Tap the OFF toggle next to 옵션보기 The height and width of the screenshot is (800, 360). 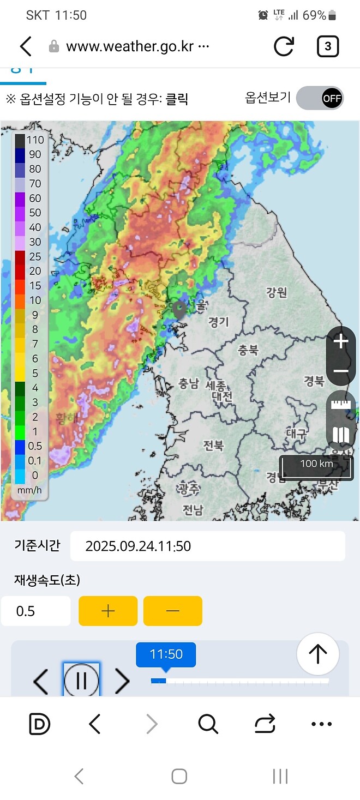coord(320,98)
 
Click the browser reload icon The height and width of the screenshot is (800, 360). coord(284,46)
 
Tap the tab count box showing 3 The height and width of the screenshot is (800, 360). coord(327,46)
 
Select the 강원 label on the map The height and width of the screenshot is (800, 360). coord(277,292)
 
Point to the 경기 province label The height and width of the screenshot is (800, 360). coord(219,322)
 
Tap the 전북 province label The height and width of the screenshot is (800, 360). coord(213,446)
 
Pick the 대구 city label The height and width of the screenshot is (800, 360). coord(297,434)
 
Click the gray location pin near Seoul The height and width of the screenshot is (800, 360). coord(179,309)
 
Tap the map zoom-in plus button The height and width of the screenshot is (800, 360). coord(341,342)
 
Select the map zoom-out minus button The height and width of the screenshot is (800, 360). coord(341,371)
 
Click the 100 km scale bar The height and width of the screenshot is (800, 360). coord(316,465)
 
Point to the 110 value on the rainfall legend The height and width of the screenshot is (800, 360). coord(35,140)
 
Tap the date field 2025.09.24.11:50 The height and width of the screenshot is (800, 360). coord(207,546)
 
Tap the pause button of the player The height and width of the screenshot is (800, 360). coord(82,680)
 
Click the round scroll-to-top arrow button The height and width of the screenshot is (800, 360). coord(318,653)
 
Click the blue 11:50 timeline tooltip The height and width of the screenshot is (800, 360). coord(166,654)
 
